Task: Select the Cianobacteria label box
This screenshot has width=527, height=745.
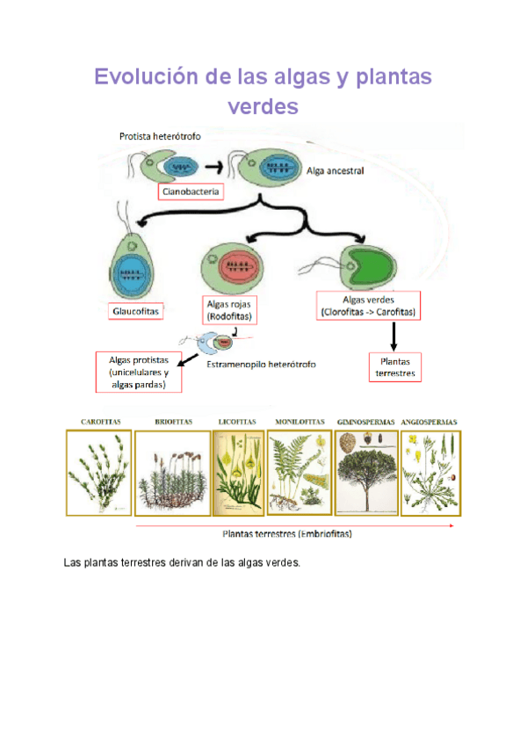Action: coord(191,190)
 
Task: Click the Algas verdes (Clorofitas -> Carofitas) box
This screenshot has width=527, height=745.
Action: coord(368,306)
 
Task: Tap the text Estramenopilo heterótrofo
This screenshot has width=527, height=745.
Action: coord(261,364)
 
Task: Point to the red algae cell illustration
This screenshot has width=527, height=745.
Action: coord(232,264)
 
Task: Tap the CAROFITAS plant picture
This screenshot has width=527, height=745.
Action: coord(98,472)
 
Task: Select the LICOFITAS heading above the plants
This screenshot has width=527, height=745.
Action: coord(236,423)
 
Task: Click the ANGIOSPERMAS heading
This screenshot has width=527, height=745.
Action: coord(429,423)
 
